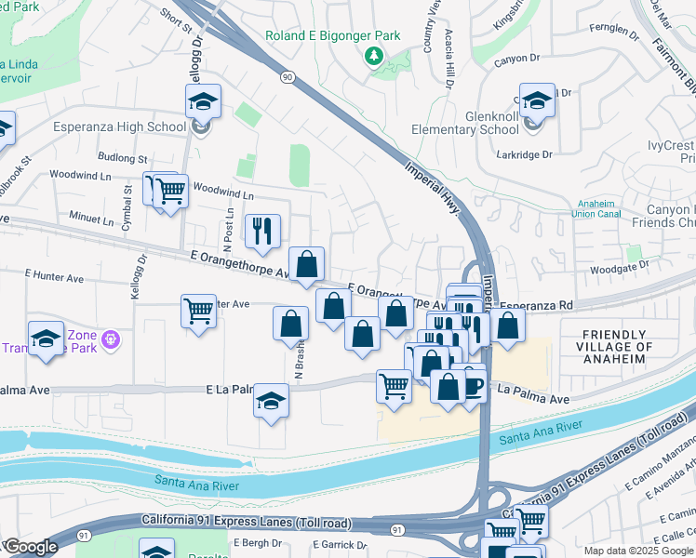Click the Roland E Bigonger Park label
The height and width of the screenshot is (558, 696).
click(x=332, y=36)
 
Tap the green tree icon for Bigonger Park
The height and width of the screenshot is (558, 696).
click(x=374, y=57)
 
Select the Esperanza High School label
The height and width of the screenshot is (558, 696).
click(x=120, y=127)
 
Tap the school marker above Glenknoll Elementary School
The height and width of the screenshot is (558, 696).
click(x=537, y=100)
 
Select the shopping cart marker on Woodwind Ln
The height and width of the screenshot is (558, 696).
click(x=169, y=191)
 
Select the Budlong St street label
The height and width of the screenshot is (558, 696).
click(x=123, y=159)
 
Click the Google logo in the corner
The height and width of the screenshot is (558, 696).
click(x=30, y=547)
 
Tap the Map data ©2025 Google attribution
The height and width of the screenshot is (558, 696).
click(x=638, y=551)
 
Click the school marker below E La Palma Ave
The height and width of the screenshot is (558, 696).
click(x=271, y=401)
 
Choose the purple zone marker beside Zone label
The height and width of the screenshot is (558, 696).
click(x=112, y=340)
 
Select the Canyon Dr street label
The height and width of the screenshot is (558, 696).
click(x=523, y=59)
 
